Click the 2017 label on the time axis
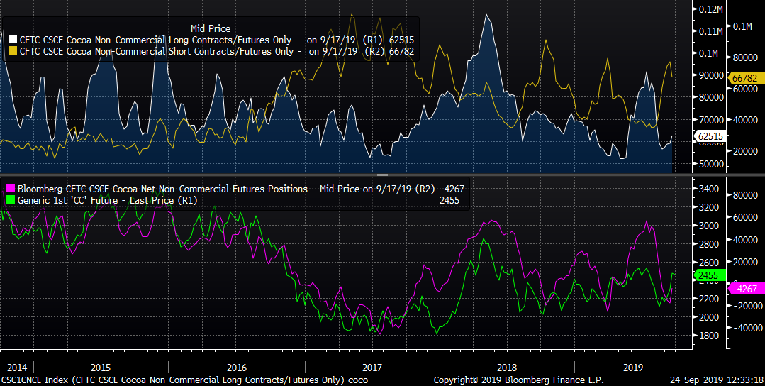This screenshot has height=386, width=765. (x=372, y=368)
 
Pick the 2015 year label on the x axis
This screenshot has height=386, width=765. (x=100, y=368)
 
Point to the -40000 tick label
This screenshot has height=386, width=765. (x=747, y=328)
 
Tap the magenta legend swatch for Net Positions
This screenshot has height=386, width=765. (x=11, y=189)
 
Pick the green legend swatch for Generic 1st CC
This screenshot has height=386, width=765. (x=11, y=200)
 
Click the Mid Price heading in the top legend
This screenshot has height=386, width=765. (x=211, y=29)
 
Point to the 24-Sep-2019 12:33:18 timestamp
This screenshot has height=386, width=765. (x=717, y=380)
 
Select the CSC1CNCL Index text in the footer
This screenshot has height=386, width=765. (x=26, y=380)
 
